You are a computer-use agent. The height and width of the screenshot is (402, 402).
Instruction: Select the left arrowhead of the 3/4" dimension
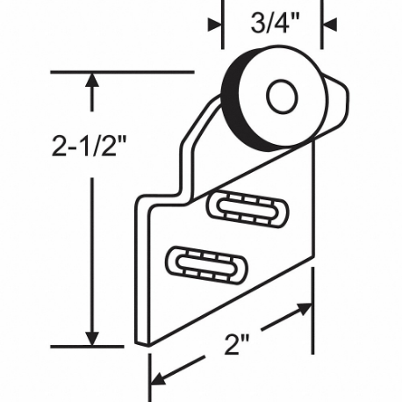(214, 25)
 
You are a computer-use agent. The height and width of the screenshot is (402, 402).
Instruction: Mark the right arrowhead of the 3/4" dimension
(328, 25)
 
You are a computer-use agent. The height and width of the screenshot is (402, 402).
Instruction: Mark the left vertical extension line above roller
(221, 35)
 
